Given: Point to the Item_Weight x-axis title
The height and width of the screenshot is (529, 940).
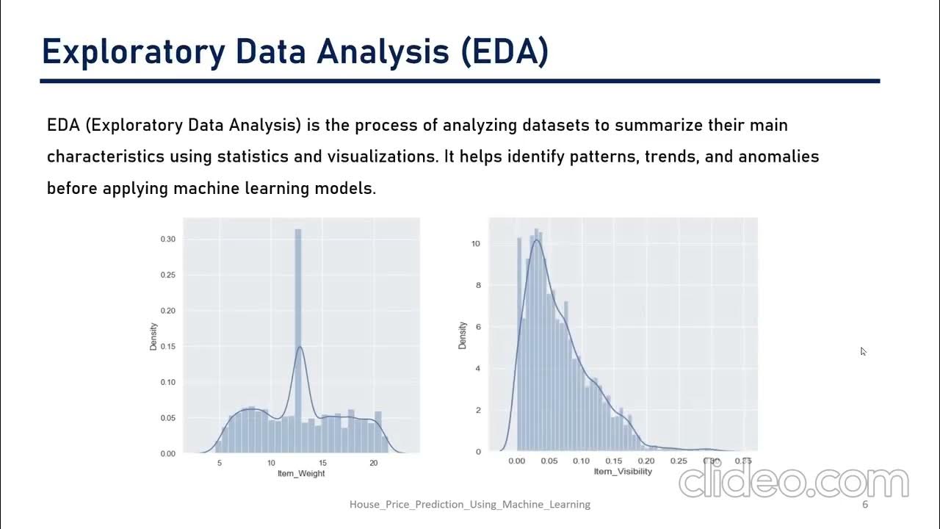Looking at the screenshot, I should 300,474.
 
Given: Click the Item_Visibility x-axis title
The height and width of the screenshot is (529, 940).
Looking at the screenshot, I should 622,471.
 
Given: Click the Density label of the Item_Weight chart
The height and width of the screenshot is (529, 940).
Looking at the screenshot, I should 154,336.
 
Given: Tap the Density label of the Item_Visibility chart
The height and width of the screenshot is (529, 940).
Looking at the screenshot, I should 463,335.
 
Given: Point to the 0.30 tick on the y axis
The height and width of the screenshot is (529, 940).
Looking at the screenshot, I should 168,240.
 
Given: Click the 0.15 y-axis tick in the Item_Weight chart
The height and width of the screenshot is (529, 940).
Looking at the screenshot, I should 168,346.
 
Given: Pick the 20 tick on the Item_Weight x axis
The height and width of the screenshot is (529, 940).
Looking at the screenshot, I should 374,464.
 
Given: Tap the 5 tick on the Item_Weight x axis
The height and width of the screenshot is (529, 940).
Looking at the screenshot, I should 220,464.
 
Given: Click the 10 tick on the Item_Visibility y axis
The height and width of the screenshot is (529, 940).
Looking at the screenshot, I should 476,243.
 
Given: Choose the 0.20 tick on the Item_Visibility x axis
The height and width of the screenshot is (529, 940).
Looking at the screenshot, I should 646,461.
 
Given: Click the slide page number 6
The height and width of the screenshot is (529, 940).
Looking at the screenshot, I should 865,505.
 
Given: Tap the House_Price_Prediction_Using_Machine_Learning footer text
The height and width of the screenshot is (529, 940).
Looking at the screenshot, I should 469,505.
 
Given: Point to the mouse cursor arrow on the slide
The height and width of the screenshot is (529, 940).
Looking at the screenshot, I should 864,351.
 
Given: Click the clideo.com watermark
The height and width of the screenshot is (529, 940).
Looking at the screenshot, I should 793,482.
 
